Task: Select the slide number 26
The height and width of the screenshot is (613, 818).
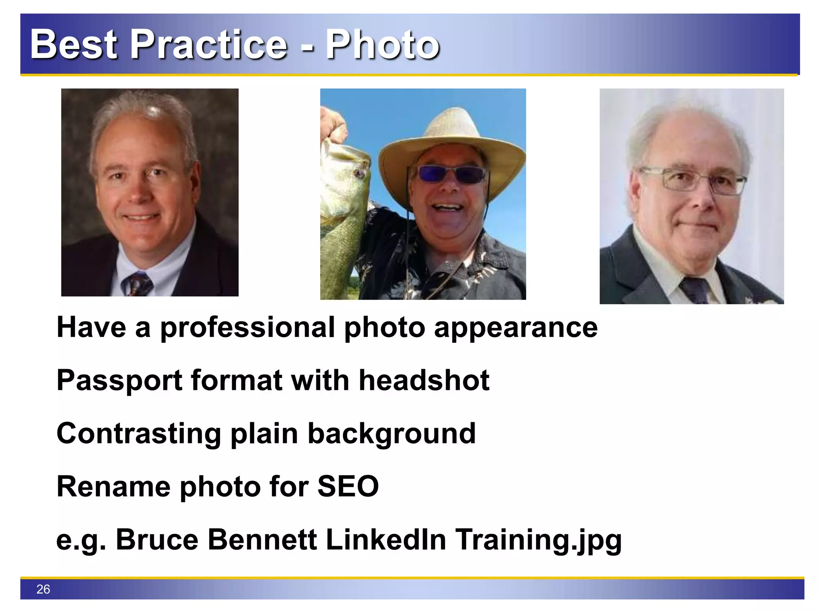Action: [x=43, y=589]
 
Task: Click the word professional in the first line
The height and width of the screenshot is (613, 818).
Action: [x=248, y=328]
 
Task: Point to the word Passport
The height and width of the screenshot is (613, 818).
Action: [x=119, y=380]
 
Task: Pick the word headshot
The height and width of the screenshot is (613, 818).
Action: [x=424, y=380]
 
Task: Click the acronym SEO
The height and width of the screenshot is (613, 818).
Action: [x=348, y=486]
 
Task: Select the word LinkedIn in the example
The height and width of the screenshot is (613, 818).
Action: [x=386, y=540]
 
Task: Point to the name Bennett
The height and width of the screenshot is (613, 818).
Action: [x=262, y=540]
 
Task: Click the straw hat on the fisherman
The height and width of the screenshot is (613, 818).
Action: [x=451, y=136]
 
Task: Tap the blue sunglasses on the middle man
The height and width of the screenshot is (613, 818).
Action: [x=450, y=174]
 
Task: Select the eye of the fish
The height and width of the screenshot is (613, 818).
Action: [x=358, y=174]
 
